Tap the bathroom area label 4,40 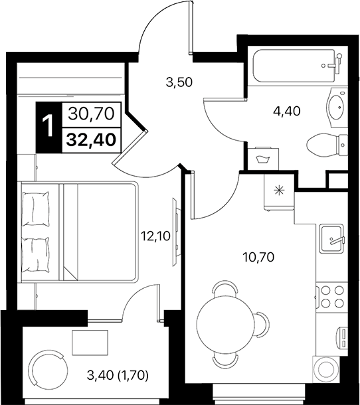(288, 111)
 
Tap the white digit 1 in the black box (48, 126)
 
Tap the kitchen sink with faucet (331, 240)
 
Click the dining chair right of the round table (262, 325)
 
